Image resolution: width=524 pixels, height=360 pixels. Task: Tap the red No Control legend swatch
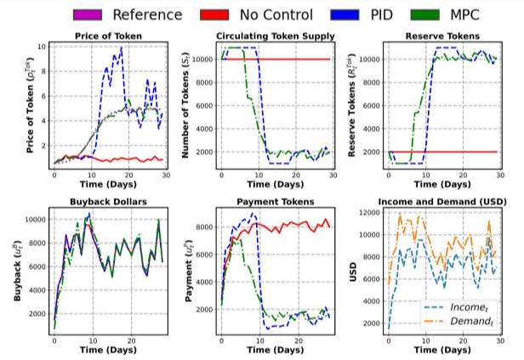(220, 14)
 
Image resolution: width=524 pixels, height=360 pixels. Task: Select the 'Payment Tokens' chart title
(274, 203)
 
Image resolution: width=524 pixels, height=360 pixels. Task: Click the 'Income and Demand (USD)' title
(441, 203)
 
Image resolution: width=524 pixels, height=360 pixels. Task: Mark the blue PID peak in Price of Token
(121, 49)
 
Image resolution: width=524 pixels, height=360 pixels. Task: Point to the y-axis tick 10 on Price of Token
(41, 46)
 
